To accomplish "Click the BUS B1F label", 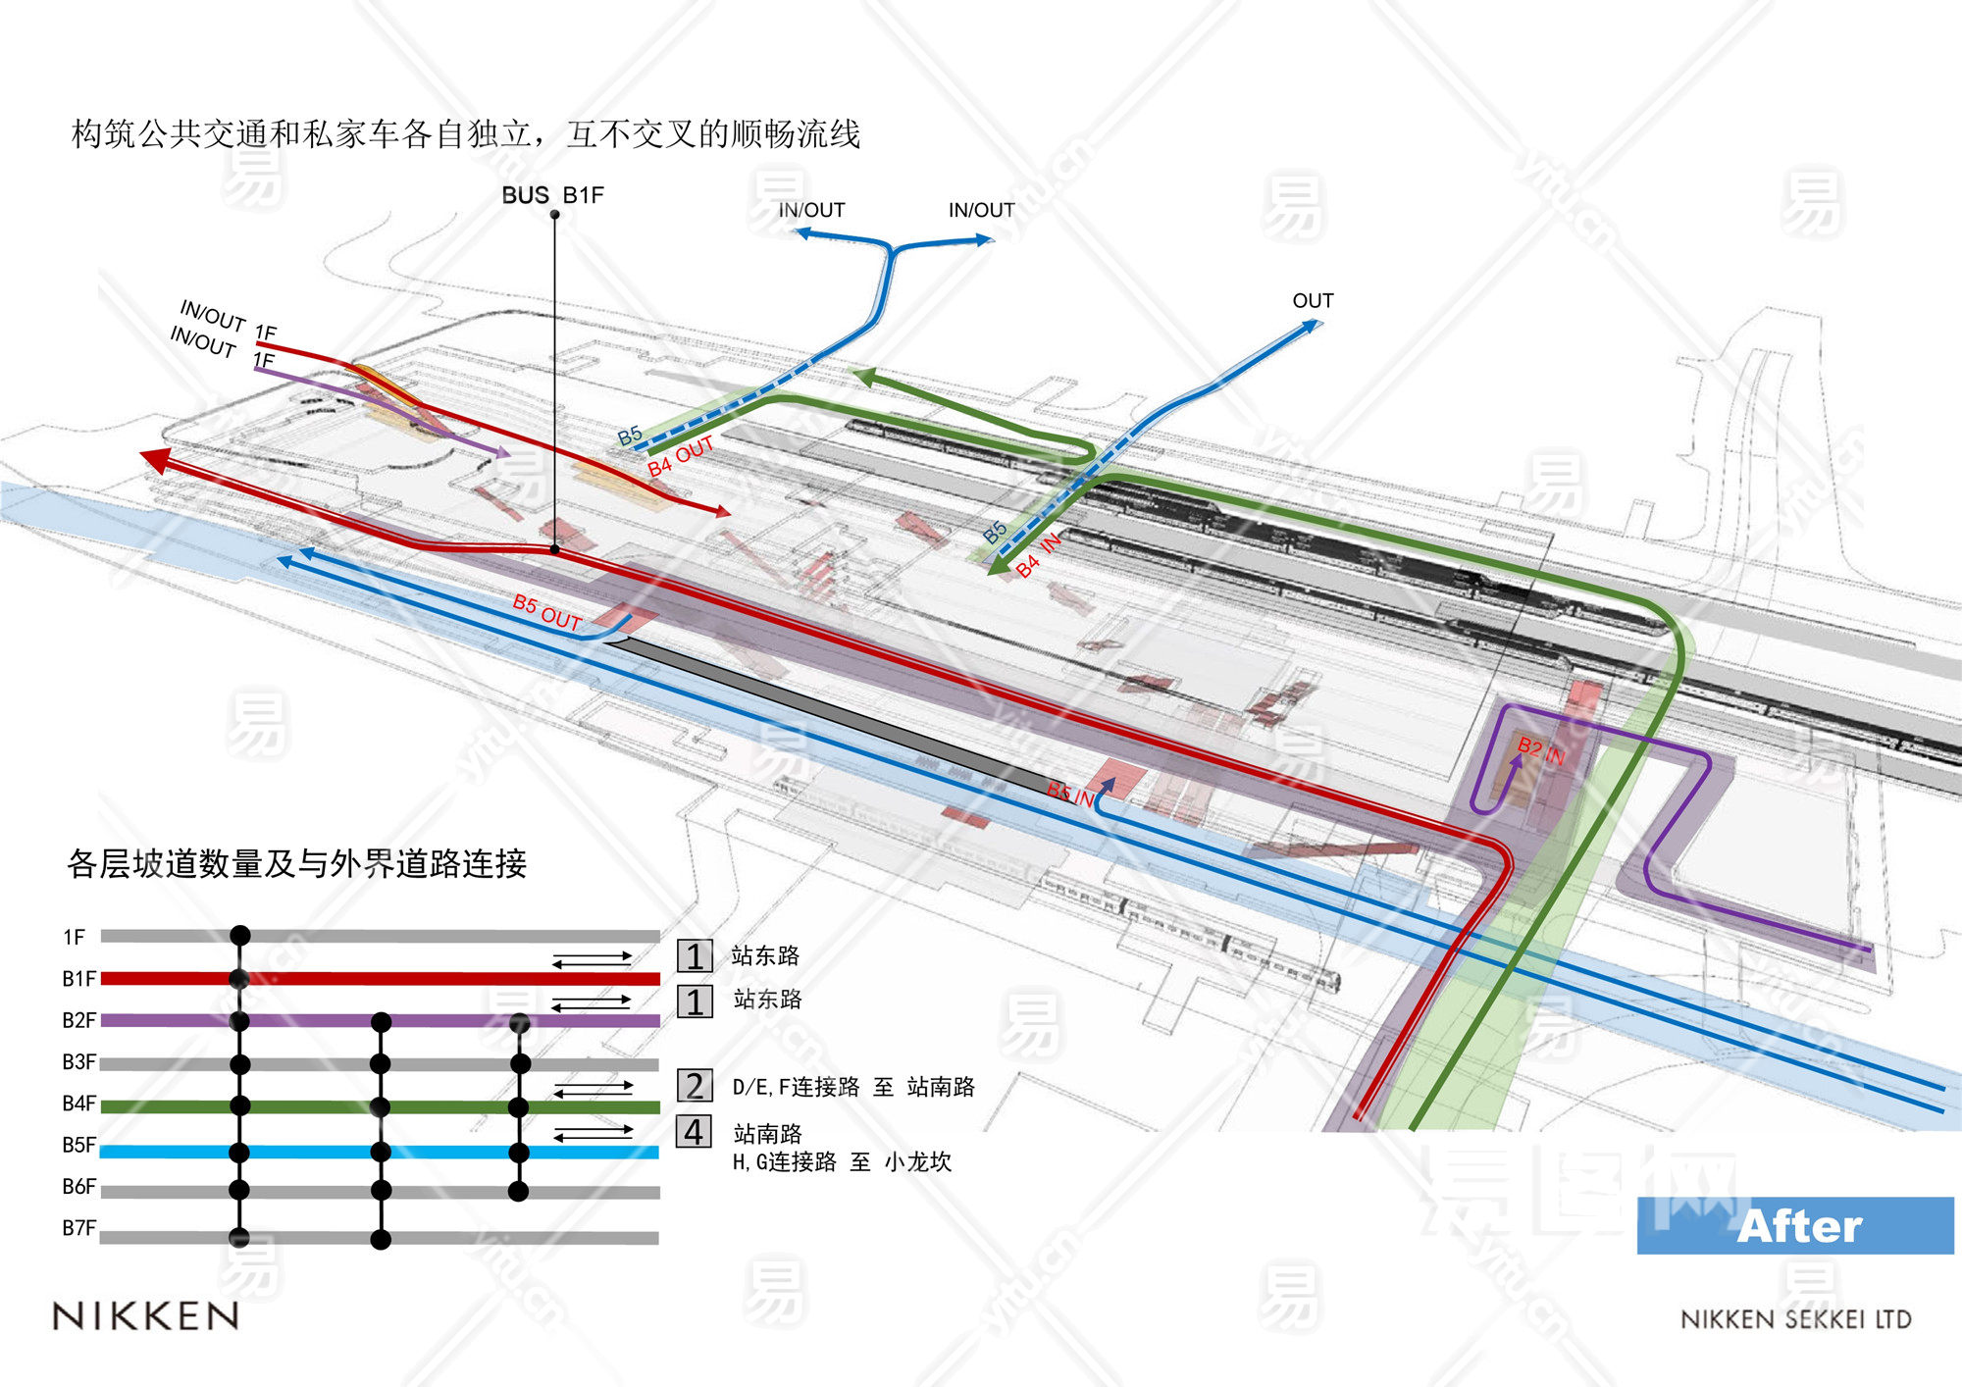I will (x=552, y=195).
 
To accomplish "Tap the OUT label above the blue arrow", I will (x=1313, y=300).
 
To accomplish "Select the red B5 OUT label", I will (x=546, y=612).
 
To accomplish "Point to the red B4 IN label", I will (x=1038, y=556).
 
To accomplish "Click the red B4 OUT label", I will (x=680, y=456).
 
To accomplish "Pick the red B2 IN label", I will (x=1540, y=751).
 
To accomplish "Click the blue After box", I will (x=1794, y=1226).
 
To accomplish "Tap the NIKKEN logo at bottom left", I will (x=146, y=1315).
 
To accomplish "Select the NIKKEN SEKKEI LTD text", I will (x=1795, y=1319).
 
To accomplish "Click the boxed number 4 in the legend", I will (x=694, y=1132).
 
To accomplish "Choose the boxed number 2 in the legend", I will (x=694, y=1086).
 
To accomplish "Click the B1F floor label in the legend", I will (x=78, y=979).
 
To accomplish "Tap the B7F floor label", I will (x=78, y=1228).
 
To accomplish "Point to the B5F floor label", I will (x=78, y=1145).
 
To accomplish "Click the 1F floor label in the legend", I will (x=74, y=937).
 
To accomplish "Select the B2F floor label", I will (x=78, y=1020).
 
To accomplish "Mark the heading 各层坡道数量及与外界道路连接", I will (x=296, y=863).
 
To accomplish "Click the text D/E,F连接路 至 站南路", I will (x=852, y=1087).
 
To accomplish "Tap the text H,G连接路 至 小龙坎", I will (x=842, y=1162).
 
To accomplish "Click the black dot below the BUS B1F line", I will (x=554, y=549).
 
